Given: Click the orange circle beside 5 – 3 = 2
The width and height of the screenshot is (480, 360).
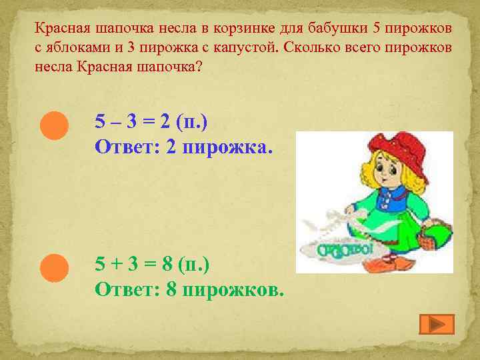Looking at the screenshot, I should click(54, 125).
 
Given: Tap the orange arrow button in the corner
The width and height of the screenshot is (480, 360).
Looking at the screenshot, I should click(437, 324).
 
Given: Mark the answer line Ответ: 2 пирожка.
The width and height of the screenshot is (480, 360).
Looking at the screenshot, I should click(184, 146).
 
